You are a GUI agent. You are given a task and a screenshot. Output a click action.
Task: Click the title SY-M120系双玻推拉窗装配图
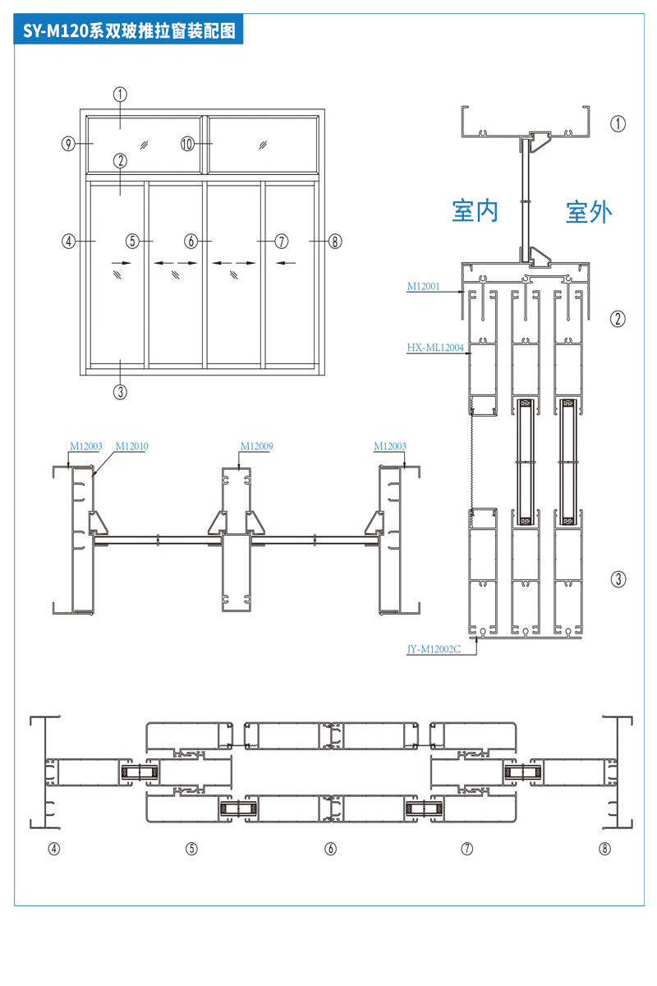tap(129, 31)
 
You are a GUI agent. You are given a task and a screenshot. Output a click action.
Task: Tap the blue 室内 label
tap(475, 210)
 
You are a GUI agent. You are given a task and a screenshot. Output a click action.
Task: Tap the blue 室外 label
tap(589, 212)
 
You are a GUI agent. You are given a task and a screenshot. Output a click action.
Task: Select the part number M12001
tap(424, 288)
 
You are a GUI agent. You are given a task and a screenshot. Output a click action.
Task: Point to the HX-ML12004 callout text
tap(435, 348)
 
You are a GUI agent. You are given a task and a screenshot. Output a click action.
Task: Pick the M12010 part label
tap(131, 446)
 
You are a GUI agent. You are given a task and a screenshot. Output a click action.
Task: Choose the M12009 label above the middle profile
tap(256, 446)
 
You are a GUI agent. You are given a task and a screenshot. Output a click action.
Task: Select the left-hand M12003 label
tap(85, 446)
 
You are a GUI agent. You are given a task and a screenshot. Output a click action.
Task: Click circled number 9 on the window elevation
tap(69, 144)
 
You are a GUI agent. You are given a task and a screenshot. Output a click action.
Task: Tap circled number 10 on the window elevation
tap(188, 144)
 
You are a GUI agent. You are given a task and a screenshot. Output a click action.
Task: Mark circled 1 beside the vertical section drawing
tap(618, 123)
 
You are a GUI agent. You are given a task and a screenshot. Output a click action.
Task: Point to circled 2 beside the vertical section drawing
tap(618, 318)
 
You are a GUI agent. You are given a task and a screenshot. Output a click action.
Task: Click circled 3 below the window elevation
tap(121, 391)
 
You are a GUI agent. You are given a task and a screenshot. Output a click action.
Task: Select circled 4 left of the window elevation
tap(69, 242)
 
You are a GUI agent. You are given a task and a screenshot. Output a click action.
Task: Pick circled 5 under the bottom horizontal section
tap(191, 849)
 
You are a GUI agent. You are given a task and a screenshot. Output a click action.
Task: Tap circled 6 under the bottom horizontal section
tap(330, 849)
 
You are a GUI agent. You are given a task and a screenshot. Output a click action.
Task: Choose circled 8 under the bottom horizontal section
tap(605, 849)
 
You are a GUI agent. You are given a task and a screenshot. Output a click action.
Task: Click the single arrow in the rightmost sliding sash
tap(286, 263)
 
